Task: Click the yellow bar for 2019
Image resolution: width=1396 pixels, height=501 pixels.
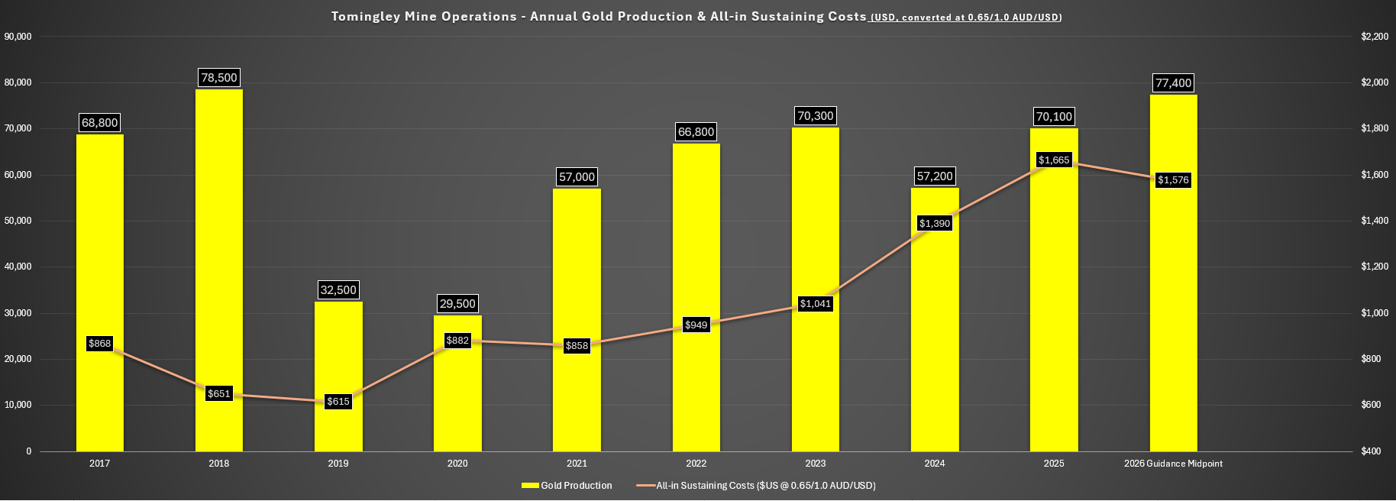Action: coord(338,359)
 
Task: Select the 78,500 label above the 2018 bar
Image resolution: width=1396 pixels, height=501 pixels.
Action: coord(219,78)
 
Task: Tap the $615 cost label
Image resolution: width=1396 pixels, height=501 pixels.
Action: coord(338,402)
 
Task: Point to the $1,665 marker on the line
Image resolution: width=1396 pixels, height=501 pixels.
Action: coord(1054,160)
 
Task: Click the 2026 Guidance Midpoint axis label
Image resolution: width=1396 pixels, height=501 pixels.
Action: coord(1173,464)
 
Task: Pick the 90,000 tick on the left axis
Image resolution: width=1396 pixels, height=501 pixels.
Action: coord(18,37)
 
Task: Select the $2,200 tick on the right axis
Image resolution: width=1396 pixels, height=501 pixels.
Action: coord(1375,37)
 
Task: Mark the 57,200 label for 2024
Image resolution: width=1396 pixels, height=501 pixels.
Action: coord(935,176)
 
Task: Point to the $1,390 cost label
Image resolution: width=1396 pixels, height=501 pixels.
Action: coord(935,224)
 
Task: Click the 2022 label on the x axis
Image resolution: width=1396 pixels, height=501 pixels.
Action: coord(696,464)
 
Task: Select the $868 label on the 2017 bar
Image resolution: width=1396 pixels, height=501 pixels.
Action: coord(100,344)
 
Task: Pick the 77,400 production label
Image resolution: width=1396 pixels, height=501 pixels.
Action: coord(1173,83)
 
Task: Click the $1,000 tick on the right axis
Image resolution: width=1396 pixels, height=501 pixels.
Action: coord(1375,313)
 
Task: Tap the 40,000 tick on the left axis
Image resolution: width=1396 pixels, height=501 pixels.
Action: coord(18,267)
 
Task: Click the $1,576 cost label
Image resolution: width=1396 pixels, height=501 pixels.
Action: coord(1173,180)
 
